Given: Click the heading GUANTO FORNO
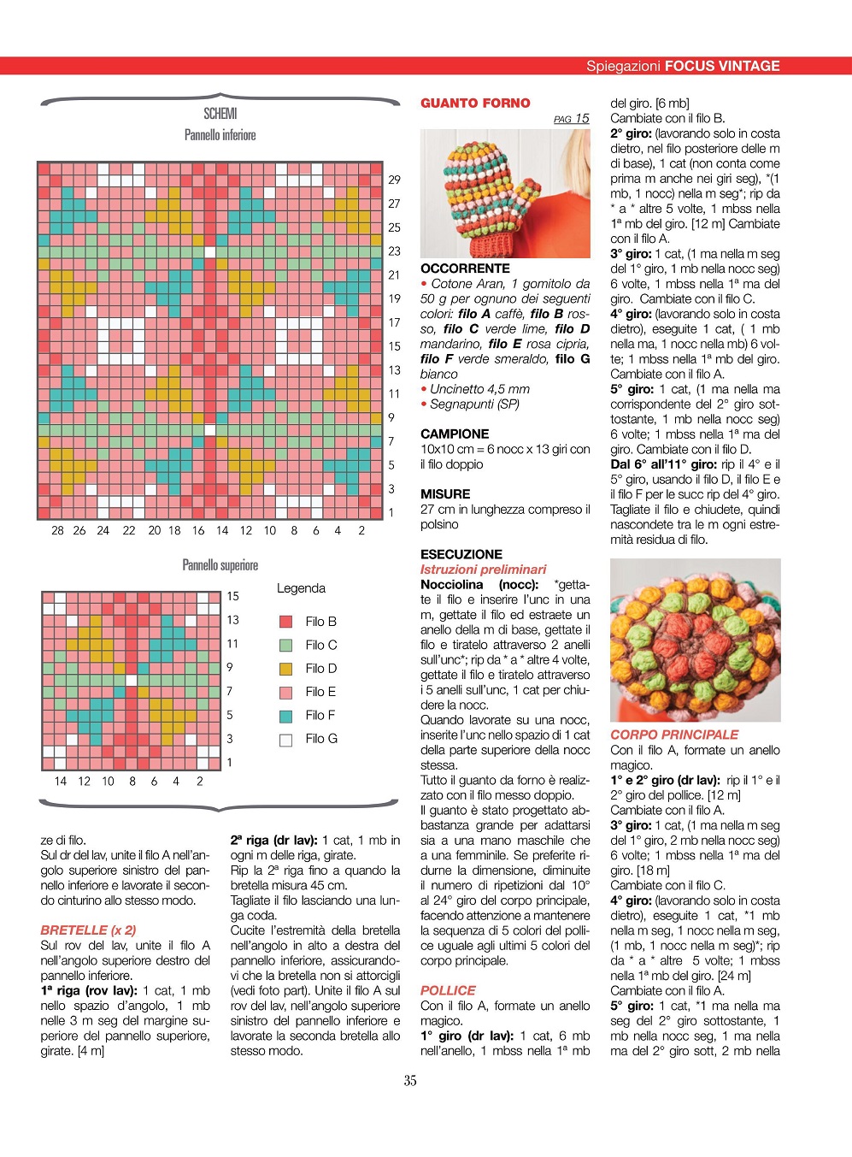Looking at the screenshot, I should pyautogui.click(x=475, y=103).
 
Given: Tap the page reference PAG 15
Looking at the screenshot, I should pyautogui.click(x=571, y=119).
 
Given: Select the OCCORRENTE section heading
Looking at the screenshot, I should pyautogui.click(x=465, y=269).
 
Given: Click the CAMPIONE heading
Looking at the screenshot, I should pyautogui.click(x=455, y=434).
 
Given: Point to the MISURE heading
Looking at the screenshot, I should pyautogui.click(x=445, y=494).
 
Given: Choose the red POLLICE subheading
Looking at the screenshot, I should pyautogui.click(x=448, y=990).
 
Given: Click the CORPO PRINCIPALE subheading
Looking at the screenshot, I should pyautogui.click(x=674, y=735).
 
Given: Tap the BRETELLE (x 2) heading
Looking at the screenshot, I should pyautogui.click(x=88, y=930).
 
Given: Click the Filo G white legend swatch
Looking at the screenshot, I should pyautogui.click(x=286, y=740).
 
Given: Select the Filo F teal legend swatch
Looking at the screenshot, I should pyautogui.click(x=286, y=716).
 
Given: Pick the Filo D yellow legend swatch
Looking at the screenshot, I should pyautogui.click(x=286, y=669).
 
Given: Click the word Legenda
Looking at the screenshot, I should pyautogui.click(x=301, y=588).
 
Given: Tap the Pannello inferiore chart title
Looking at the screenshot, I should pyautogui.click(x=220, y=135).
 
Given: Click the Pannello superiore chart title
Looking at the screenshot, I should pyautogui.click(x=220, y=565).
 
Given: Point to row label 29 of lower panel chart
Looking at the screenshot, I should pyautogui.click(x=394, y=180).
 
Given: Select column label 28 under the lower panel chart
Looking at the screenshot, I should pyautogui.click(x=57, y=530).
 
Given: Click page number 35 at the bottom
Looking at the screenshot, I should pyautogui.click(x=410, y=1081).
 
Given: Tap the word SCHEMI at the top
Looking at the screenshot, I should pyautogui.click(x=220, y=114).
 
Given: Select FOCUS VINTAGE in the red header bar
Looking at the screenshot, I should pyautogui.click(x=722, y=66).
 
